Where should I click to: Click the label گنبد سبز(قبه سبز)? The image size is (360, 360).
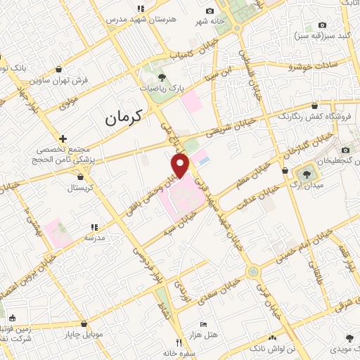[x=323, y=34]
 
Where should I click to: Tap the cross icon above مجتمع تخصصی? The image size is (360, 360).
[x=63, y=139]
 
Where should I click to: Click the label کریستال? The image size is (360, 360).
[x=82, y=188]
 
